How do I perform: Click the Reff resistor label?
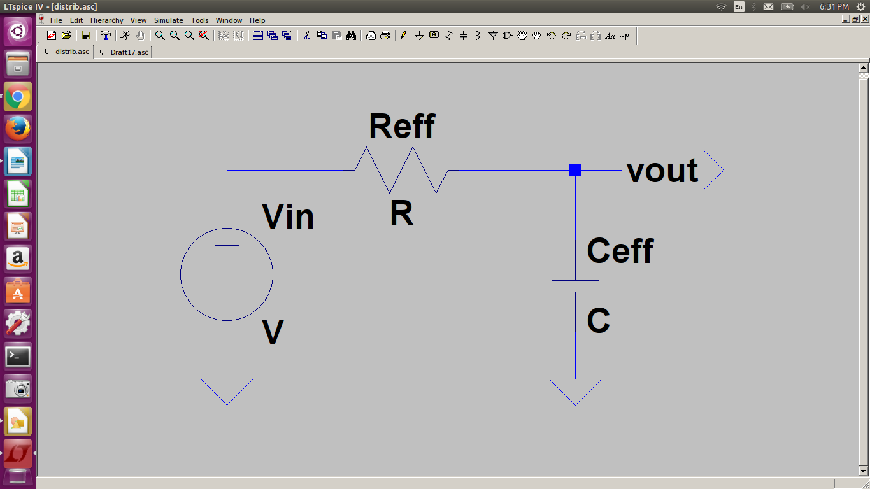[402, 126]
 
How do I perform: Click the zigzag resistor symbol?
[401, 170]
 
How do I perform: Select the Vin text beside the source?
[288, 217]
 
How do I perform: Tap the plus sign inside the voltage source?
[227, 246]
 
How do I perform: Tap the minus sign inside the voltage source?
[227, 304]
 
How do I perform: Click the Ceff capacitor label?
[620, 251]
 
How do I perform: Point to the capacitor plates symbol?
[575, 286]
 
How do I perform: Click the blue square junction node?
[575, 170]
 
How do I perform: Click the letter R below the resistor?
[401, 214]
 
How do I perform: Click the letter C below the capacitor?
[598, 321]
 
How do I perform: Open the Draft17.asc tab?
[129, 52]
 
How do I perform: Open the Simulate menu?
[168, 20]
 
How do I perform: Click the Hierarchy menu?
[106, 20]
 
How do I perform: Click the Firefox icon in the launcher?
[18, 129]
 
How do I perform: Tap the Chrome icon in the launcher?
[18, 97]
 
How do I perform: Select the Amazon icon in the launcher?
[18, 259]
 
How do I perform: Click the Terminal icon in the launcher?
[18, 357]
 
